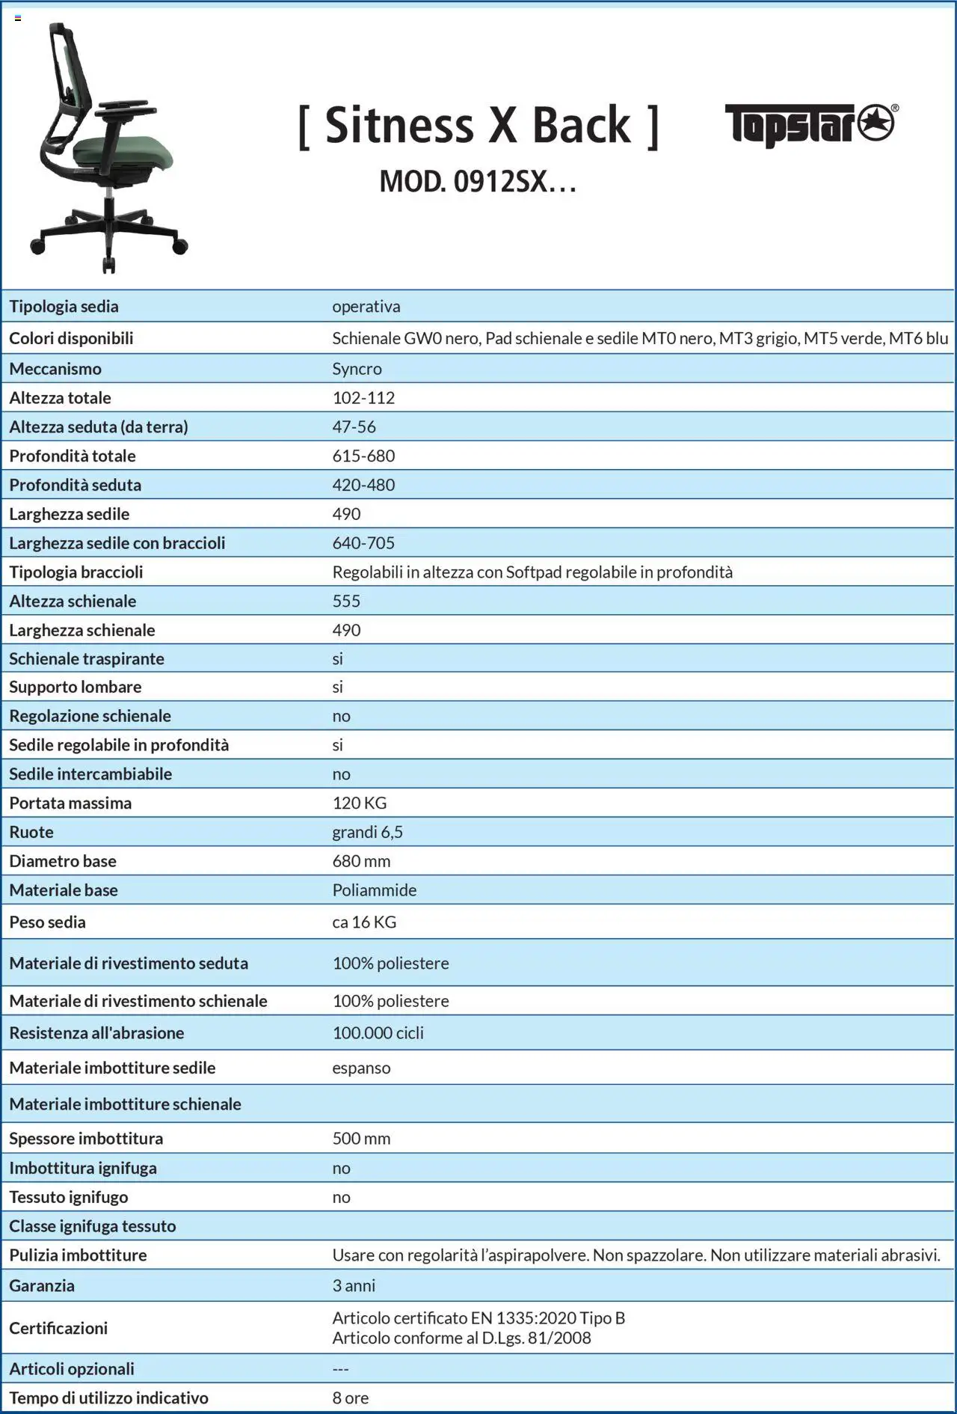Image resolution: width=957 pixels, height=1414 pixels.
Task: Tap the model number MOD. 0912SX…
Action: (x=478, y=182)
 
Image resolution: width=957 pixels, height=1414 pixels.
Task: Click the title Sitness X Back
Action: (x=478, y=125)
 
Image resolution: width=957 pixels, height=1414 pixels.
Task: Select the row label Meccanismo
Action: (x=55, y=369)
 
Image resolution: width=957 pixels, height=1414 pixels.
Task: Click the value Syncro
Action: (x=357, y=369)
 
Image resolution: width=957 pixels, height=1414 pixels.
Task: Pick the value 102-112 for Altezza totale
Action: (x=363, y=398)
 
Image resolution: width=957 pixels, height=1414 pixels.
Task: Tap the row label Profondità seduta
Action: (x=75, y=485)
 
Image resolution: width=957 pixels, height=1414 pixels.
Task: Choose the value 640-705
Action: (x=363, y=543)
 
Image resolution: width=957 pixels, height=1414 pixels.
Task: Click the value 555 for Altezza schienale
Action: (x=346, y=601)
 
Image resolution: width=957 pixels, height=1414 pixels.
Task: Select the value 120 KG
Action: (x=360, y=803)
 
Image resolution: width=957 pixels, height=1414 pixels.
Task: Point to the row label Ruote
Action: (x=31, y=832)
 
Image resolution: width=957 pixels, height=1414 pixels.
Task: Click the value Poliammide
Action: (x=375, y=890)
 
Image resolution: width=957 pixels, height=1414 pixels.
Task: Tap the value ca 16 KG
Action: (x=364, y=922)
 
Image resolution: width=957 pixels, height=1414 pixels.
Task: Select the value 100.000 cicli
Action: (x=378, y=1032)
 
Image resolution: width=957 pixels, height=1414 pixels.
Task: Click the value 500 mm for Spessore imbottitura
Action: (x=361, y=1138)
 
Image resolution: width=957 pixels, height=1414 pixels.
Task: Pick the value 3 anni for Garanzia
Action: (x=354, y=1285)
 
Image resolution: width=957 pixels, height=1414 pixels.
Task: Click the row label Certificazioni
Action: (x=58, y=1328)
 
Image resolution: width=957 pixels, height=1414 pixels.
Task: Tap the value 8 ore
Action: (x=351, y=1398)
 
